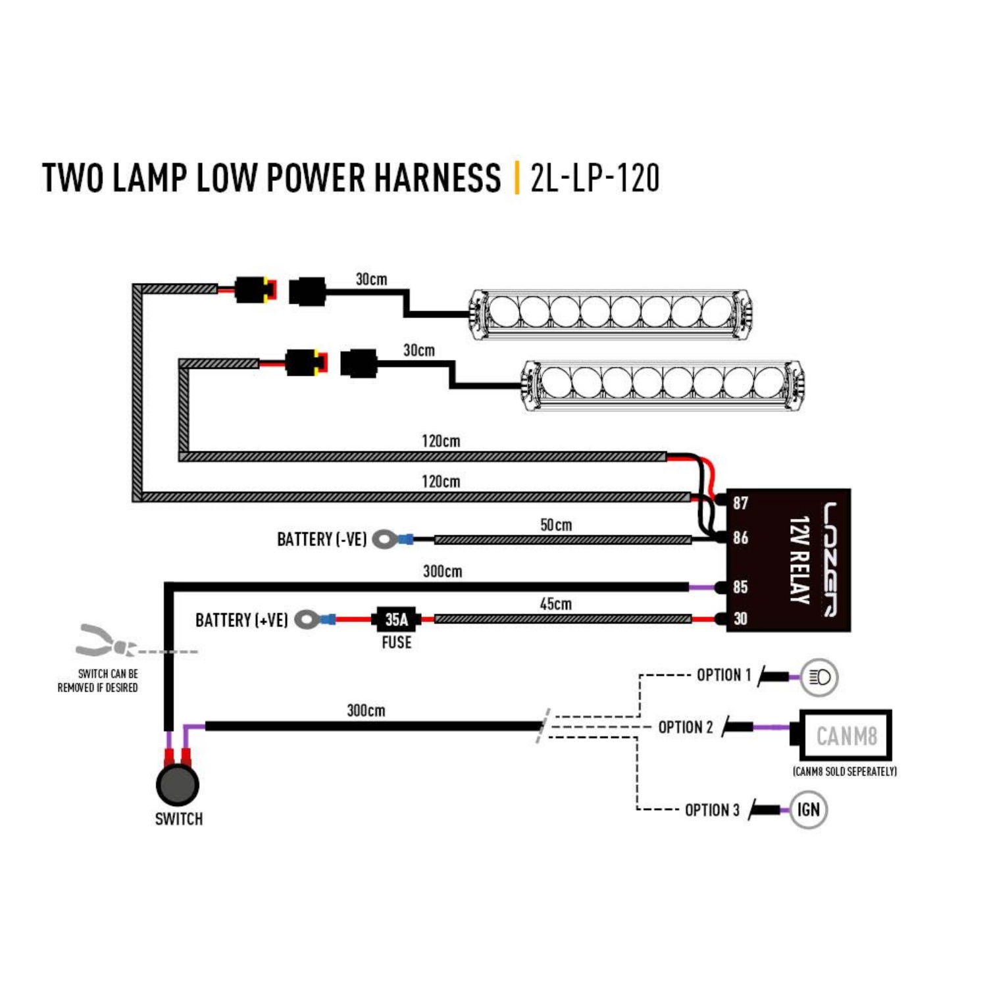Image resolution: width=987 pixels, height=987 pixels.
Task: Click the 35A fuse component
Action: pyautogui.click(x=396, y=619)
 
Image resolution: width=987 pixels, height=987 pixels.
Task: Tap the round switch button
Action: pyautogui.click(x=178, y=784)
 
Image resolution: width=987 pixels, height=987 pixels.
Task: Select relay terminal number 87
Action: pyautogui.click(x=740, y=503)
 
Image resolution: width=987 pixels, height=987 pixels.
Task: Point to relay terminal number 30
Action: pyautogui.click(x=740, y=619)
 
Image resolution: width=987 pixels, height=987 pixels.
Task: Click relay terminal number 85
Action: pyautogui.click(x=740, y=586)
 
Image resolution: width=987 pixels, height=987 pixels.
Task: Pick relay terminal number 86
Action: pyautogui.click(x=740, y=538)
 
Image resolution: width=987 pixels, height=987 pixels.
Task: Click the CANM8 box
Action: pyautogui.click(x=846, y=735)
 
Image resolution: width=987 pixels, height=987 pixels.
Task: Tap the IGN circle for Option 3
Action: pyautogui.click(x=808, y=809)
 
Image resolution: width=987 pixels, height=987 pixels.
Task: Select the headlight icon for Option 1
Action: pyautogui.click(x=819, y=677)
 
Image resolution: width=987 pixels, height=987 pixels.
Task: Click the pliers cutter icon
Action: pyautogui.click(x=105, y=642)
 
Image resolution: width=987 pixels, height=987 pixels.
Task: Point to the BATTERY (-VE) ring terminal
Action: pyautogui.click(x=385, y=540)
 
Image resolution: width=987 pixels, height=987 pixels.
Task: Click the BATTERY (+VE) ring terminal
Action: pyautogui.click(x=307, y=619)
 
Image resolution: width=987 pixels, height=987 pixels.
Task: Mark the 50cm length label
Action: pyautogui.click(x=556, y=525)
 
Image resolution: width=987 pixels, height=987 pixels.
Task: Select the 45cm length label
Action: pyautogui.click(x=555, y=604)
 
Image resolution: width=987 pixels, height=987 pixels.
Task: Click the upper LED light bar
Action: pyautogui.click(x=609, y=313)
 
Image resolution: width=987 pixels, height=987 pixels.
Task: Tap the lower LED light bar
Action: pyautogui.click(x=663, y=384)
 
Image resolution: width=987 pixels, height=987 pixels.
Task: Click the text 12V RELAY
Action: pyautogui.click(x=798, y=560)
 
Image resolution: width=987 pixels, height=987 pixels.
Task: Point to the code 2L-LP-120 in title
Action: pyautogui.click(x=594, y=178)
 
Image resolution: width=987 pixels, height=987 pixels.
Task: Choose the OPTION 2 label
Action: pyautogui.click(x=685, y=727)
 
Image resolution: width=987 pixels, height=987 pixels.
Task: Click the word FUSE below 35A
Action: pyautogui.click(x=396, y=642)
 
